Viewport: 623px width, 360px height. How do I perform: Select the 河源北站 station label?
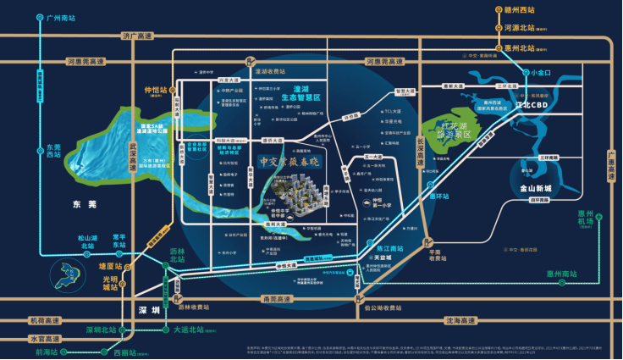523,27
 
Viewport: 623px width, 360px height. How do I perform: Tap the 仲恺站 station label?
157,89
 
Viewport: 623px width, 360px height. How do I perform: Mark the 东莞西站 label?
53,150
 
